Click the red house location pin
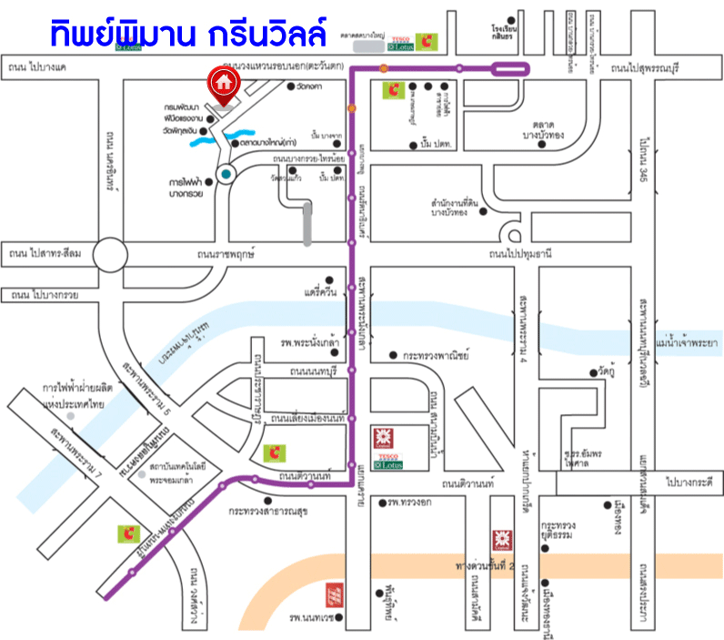point(223,84)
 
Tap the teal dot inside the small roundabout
point(225,173)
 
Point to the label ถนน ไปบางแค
point(37,67)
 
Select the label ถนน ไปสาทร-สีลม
point(43,253)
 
